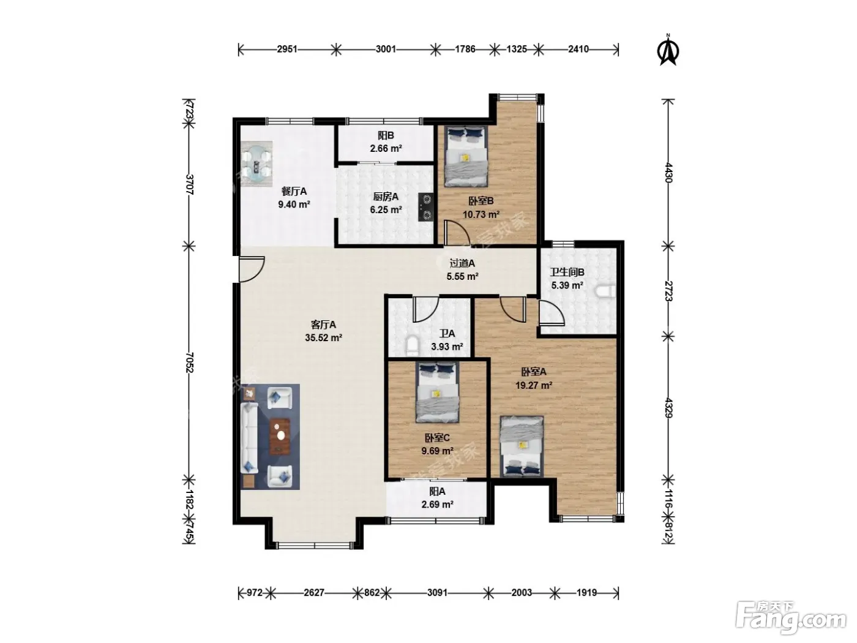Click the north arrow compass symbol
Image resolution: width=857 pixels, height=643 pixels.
[668, 50]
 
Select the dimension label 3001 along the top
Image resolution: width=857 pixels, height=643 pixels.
[386, 49]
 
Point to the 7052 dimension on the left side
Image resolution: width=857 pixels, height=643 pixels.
[189, 363]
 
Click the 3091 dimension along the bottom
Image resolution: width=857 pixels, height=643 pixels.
[437, 593]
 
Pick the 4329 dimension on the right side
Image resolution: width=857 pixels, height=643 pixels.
[668, 408]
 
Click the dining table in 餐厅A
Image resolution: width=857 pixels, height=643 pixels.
[256, 163]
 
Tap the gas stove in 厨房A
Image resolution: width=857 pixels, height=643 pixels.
[425, 207]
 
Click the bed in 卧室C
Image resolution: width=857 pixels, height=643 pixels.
[437, 393]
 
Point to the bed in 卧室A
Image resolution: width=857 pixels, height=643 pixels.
[522, 446]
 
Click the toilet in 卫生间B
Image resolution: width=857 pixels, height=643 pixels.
[605, 291]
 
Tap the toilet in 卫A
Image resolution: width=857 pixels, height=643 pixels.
[411, 345]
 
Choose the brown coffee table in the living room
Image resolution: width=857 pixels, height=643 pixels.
[280, 437]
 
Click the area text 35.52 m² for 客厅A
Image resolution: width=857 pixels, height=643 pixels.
[324, 337]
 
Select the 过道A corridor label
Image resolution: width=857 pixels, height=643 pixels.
[462, 263]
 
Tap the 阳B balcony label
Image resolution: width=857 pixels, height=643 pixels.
[386, 135]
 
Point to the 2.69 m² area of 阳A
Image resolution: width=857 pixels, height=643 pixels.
[437, 505]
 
